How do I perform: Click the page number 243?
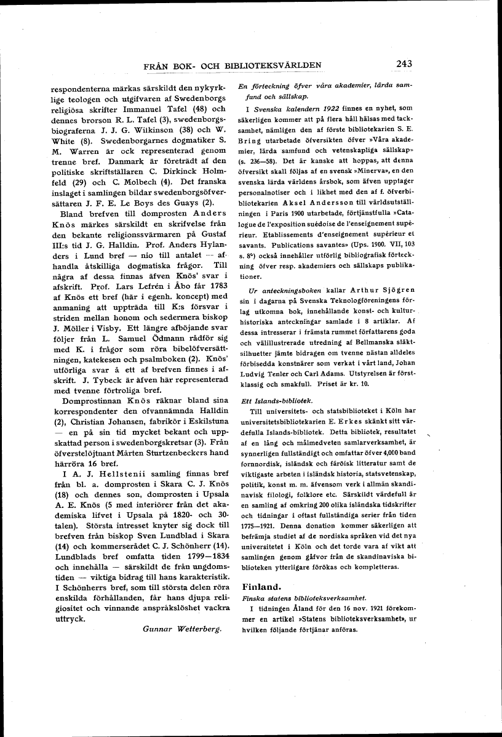tap(408, 63)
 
